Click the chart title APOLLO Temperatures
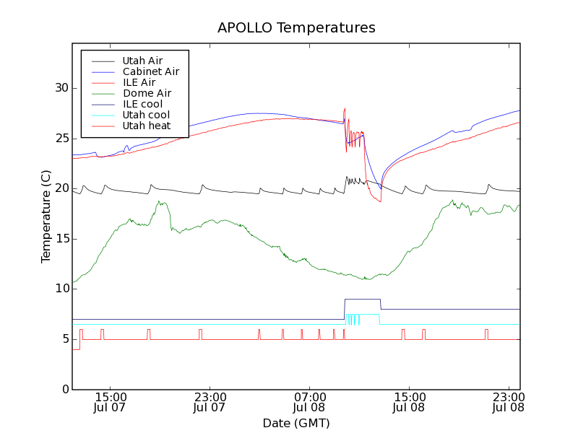[x=296, y=28]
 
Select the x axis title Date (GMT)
[x=296, y=423]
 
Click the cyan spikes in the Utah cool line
[x=352, y=320]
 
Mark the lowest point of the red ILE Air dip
[x=379, y=201]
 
